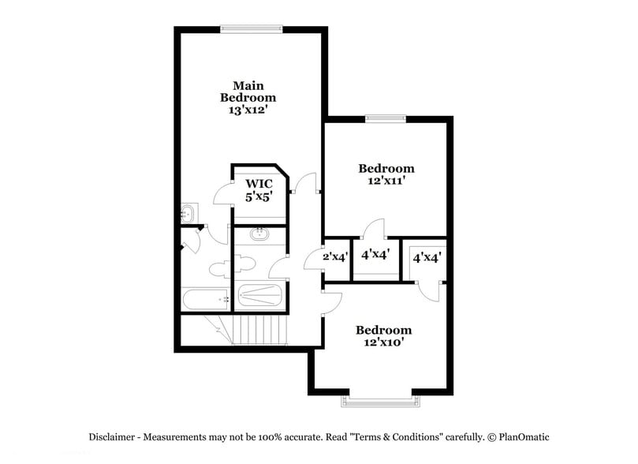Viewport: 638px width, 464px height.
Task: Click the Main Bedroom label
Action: [x=248, y=91]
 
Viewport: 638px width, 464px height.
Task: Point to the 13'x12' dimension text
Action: [x=248, y=110]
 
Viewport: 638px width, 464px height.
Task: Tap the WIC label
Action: [x=258, y=184]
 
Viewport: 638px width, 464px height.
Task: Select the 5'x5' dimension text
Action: [x=258, y=197]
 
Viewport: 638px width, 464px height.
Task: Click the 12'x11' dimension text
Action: [x=386, y=181]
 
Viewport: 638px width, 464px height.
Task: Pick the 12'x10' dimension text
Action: [x=383, y=342]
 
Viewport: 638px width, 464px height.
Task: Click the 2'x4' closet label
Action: [x=336, y=256]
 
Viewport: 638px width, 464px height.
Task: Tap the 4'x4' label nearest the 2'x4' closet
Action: [x=375, y=255]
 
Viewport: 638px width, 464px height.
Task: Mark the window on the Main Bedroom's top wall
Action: [x=251, y=29]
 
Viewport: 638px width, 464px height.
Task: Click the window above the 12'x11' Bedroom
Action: [x=386, y=119]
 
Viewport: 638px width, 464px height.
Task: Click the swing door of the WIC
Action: [x=223, y=193]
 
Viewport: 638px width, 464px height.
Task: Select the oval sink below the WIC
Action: [x=259, y=234]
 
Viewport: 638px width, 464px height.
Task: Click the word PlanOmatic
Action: [x=523, y=437]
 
